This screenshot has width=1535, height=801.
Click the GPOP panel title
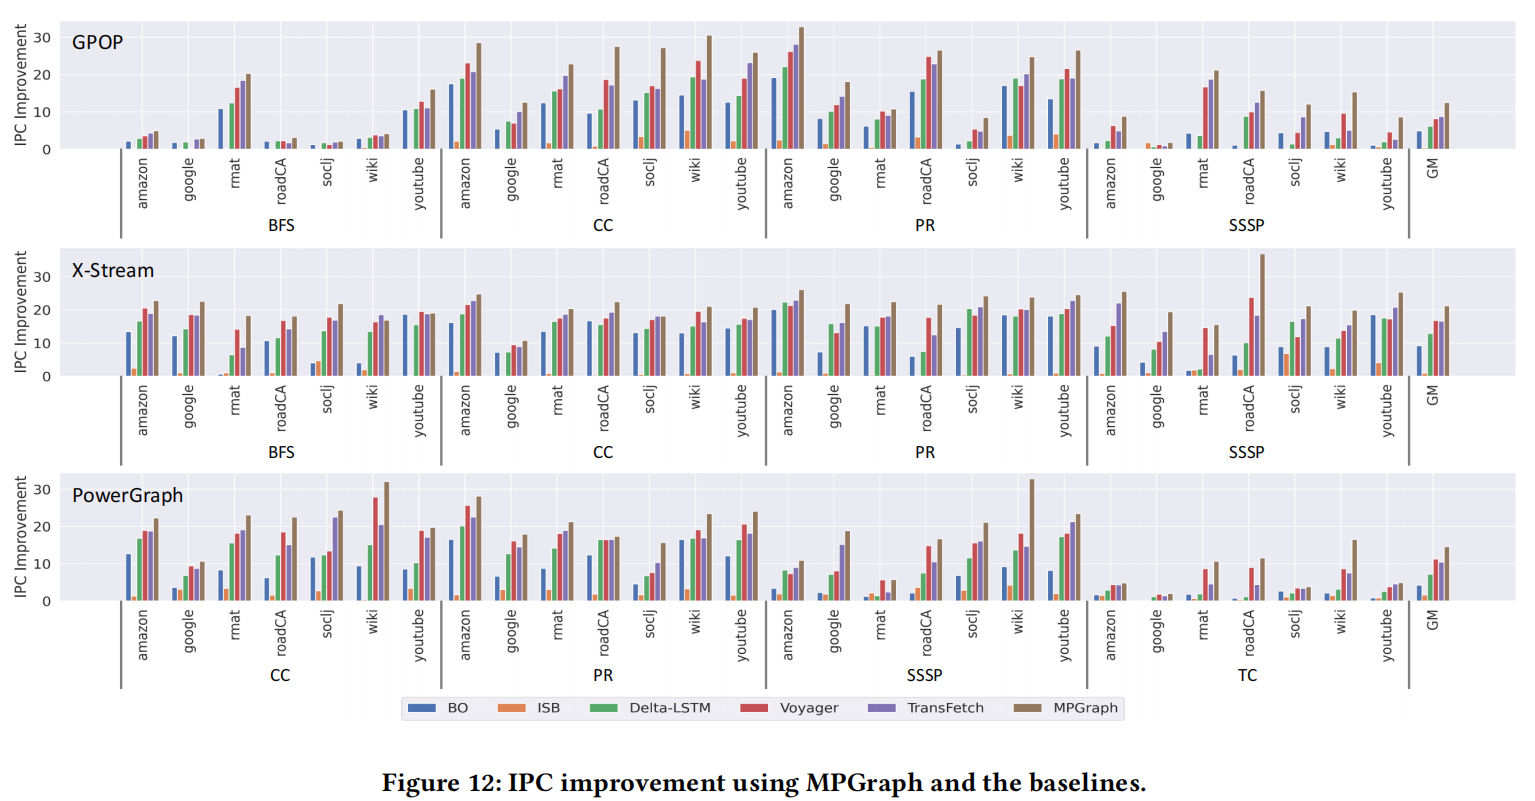(x=97, y=43)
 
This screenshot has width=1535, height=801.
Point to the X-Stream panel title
(x=112, y=270)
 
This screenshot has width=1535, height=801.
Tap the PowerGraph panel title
(x=127, y=495)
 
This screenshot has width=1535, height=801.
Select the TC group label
(x=1247, y=675)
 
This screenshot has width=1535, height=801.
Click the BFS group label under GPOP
(x=281, y=225)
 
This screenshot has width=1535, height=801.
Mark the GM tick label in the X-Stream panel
(x=1432, y=396)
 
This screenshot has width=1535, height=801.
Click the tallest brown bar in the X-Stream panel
(x=1262, y=315)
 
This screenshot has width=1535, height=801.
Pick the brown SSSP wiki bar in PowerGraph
(x=1032, y=540)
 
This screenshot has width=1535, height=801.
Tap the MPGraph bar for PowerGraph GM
(x=1446, y=574)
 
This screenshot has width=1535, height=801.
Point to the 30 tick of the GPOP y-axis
(x=41, y=37)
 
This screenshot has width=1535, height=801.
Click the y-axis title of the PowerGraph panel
(x=21, y=537)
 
